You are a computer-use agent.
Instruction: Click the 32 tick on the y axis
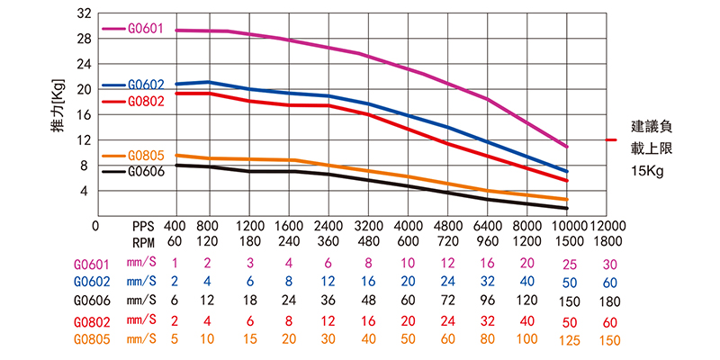coord(85,13)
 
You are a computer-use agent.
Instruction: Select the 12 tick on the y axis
coord(85,139)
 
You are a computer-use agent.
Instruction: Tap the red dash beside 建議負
coord(611,140)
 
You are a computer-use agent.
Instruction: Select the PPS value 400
coord(175,225)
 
